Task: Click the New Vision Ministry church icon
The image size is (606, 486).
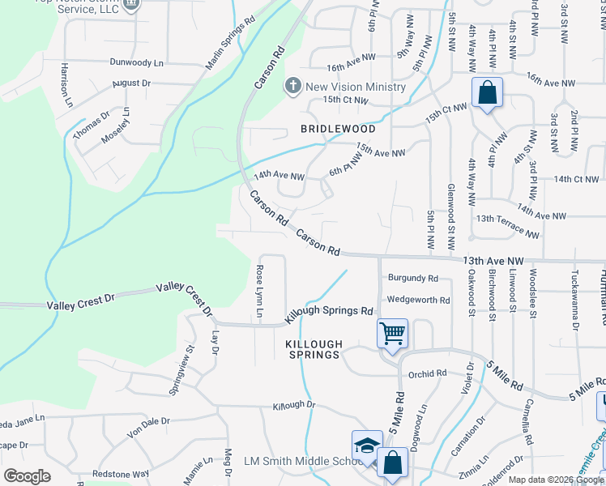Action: tap(293, 87)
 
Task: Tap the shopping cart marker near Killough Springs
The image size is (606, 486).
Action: tap(392, 333)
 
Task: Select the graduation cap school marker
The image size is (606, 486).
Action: tap(366, 446)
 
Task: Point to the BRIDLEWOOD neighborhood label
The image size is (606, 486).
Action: tap(338, 129)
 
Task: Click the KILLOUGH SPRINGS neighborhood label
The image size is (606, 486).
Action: tap(313, 350)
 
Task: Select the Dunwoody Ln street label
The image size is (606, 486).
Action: tap(137, 62)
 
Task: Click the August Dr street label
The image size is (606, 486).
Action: tap(132, 83)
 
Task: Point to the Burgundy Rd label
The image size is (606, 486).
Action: tap(412, 278)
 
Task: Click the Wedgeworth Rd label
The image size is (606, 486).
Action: tap(418, 300)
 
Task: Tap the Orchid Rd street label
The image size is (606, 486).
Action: tap(428, 374)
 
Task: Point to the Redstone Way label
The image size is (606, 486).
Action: tap(122, 473)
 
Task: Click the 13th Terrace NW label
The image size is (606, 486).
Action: tap(507, 225)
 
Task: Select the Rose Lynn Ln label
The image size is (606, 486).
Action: tap(260, 283)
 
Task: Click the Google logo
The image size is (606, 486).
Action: tap(28, 476)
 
